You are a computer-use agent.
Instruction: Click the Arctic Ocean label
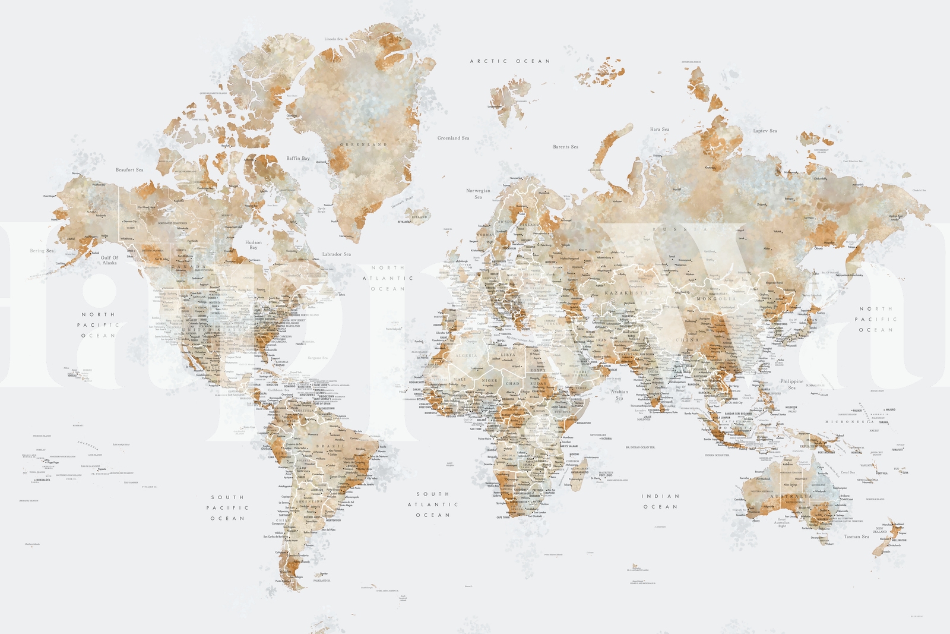509,61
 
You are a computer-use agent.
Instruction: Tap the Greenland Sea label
453,138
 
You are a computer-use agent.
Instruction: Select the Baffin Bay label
297,159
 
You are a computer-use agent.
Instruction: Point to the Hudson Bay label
254,245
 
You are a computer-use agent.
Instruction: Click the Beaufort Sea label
129,170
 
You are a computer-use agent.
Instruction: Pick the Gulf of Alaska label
109,260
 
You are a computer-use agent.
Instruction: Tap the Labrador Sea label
336,254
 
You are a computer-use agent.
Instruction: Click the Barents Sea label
565,147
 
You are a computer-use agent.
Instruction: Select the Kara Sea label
659,129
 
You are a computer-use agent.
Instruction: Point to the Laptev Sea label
765,131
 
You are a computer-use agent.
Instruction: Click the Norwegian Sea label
478,194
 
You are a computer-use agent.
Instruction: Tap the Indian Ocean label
660,501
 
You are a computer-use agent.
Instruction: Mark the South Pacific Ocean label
227,508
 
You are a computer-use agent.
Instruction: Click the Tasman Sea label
856,537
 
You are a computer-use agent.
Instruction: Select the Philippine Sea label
791,384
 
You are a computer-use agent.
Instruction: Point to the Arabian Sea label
619,395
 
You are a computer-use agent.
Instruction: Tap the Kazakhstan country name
629,293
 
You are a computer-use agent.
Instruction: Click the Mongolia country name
715,298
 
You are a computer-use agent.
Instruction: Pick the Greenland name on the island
363,144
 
